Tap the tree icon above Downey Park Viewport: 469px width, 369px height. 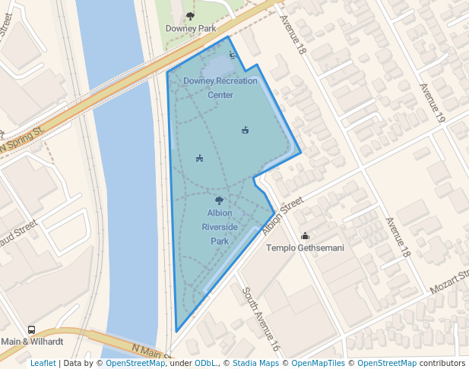point(190,15)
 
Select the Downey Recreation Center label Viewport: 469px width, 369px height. point(220,87)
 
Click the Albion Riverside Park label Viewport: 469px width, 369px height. point(220,227)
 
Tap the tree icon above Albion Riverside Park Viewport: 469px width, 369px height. point(220,200)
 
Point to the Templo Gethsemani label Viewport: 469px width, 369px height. point(305,248)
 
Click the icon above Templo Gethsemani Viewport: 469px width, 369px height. point(305,235)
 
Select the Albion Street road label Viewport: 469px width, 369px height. point(283,216)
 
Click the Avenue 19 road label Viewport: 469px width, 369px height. point(431,103)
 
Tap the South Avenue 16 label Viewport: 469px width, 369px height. point(261,319)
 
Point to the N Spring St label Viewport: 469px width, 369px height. point(23,139)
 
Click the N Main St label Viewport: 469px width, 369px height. point(149,351)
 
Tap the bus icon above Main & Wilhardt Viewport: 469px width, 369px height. point(31,330)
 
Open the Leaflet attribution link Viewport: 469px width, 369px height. point(43,363)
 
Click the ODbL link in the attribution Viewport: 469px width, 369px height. point(205,363)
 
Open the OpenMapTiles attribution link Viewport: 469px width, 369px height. point(318,363)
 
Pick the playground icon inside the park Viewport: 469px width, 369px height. point(199,158)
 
